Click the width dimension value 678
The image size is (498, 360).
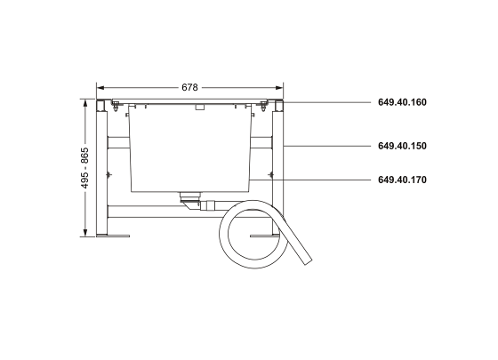(x=189, y=88)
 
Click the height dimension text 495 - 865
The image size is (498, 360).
(x=85, y=169)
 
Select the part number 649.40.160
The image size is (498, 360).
(x=402, y=102)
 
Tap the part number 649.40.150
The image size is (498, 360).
(x=402, y=145)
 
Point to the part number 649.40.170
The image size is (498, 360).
(x=402, y=180)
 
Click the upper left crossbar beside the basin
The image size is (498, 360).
(x=118, y=143)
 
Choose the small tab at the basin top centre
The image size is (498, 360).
(x=200, y=106)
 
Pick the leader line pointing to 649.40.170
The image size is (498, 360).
(x=311, y=180)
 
